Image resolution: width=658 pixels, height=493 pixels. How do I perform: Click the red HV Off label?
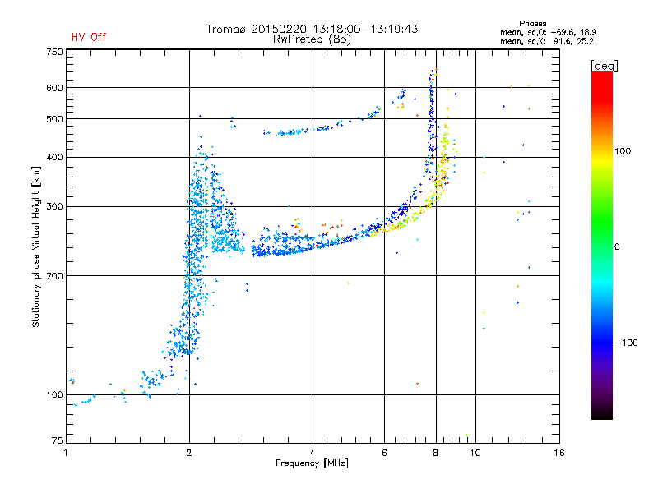(89, 37)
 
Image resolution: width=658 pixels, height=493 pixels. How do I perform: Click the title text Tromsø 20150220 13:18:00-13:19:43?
(313, 29)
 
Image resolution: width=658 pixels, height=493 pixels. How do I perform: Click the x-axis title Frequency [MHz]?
(313, 464)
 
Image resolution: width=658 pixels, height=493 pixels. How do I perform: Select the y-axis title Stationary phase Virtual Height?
(36, 246)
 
